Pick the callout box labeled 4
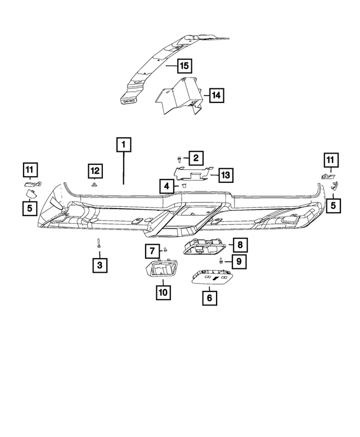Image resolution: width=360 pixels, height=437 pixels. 166,186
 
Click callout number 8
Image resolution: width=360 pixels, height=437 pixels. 239,245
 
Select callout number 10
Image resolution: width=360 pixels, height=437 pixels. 163,292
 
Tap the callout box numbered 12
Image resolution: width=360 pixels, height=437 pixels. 94,170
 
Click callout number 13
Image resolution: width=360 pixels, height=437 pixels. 225,175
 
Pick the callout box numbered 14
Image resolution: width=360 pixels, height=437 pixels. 216,96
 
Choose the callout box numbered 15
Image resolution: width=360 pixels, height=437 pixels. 183,66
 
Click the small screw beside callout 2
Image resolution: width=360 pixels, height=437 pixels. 179,160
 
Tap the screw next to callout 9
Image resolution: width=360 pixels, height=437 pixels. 222,261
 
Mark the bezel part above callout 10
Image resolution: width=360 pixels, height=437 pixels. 162,271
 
